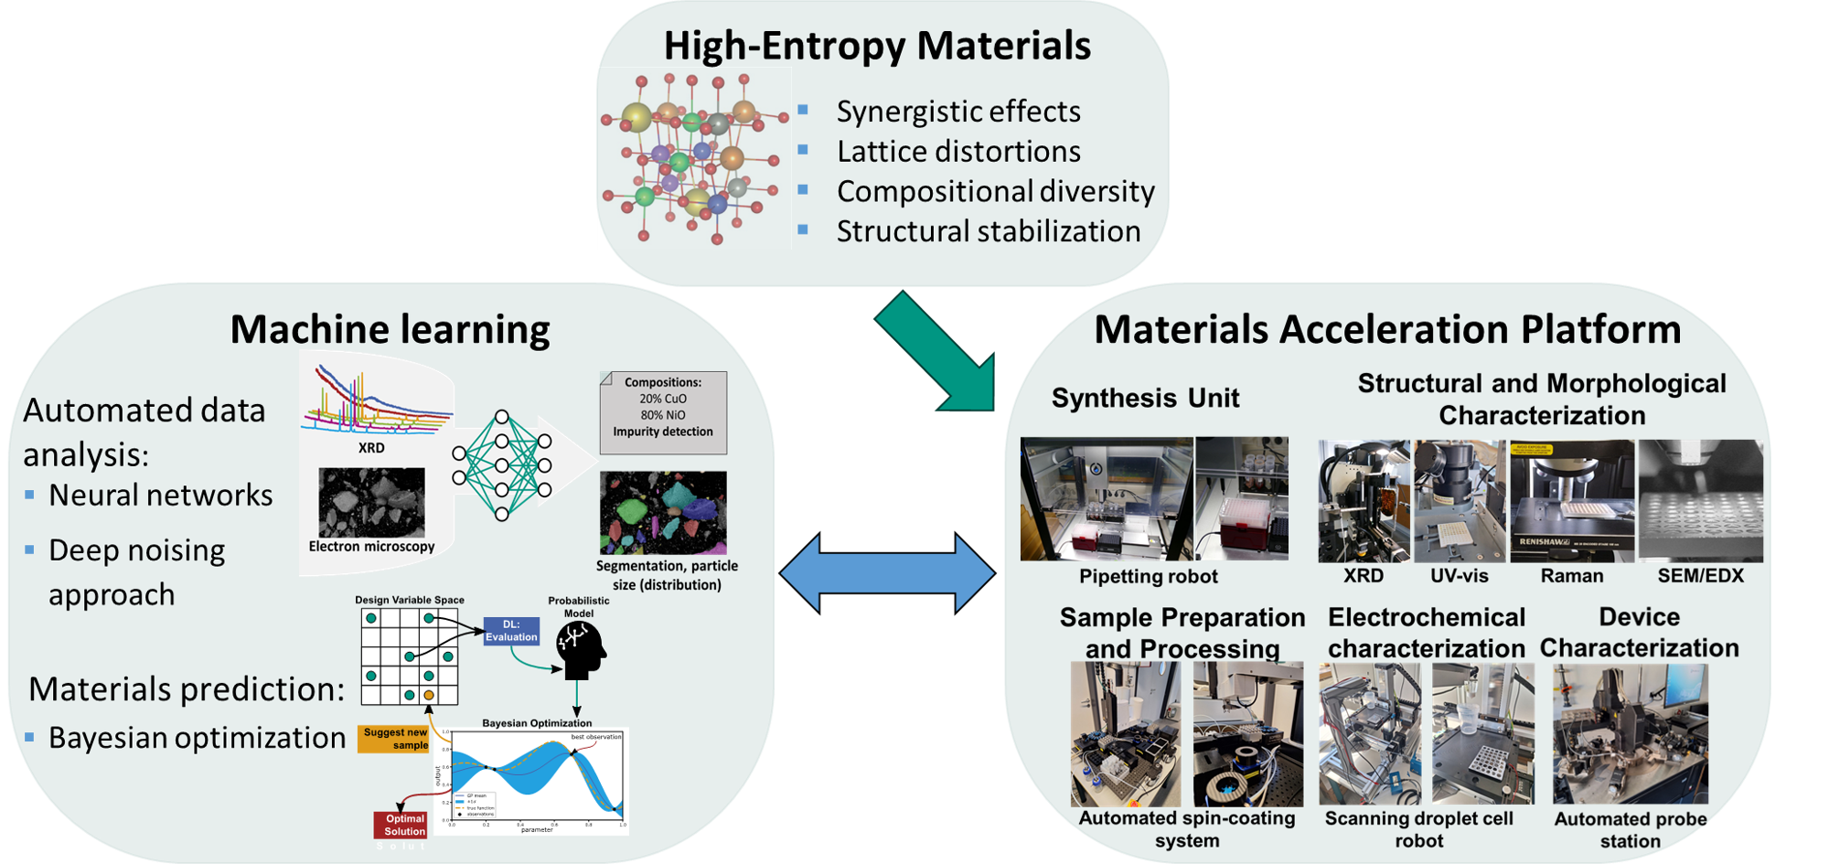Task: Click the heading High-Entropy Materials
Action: pos(877,46)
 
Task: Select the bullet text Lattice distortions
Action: pos(958,152)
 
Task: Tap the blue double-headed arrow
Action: pos(886,573)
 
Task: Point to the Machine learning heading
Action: pos(390,329)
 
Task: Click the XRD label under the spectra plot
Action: pos(371,448)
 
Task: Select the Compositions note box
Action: pos(663,413)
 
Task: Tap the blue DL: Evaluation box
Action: pos(511,631)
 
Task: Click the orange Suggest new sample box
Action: pos(394,739)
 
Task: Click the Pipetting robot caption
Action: pos(1148,577)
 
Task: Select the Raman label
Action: pos(1571,576)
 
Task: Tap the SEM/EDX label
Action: pos(1700,576)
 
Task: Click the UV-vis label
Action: pos(1459,576)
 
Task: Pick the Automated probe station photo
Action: pos(1630,734)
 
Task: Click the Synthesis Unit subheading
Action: pos(1145,399)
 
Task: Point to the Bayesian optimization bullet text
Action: pos(197,738)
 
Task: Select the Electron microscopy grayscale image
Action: pos(371,502)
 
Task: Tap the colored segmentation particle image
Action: pos(663,512)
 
